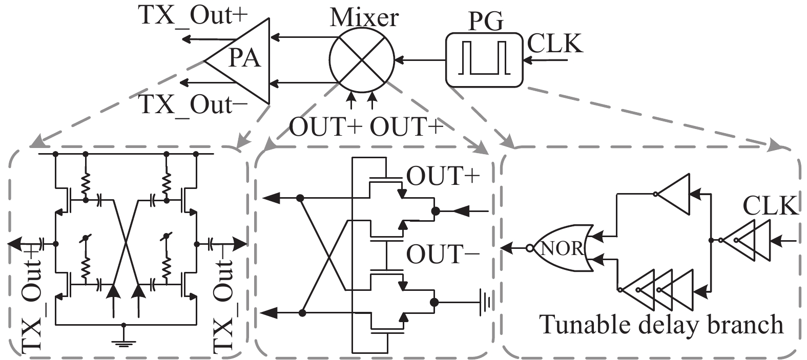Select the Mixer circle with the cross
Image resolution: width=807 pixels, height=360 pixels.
[362, 60]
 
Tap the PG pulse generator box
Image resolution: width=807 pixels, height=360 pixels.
[484, 60]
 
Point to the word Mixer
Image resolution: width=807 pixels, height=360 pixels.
[364, 17]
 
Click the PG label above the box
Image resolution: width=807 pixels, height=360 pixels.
[486, 22]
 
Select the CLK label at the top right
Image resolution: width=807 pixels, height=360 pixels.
[555, 44]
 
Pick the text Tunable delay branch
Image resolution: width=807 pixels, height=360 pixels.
[661, 325]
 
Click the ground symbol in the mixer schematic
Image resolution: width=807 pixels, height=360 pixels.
[484, 302]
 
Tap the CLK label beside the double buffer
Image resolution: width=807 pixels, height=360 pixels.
[771, 206]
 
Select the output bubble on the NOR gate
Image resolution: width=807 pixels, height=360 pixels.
[530, 248]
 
